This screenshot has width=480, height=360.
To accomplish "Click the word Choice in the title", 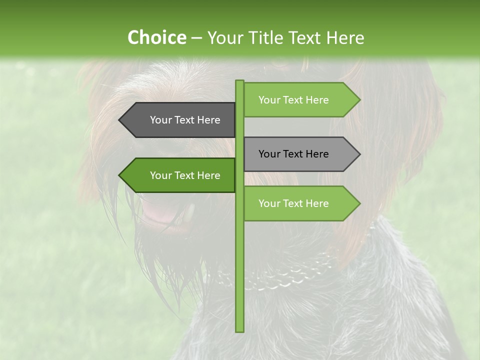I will pos(156,38).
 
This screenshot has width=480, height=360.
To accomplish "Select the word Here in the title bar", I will pos(343,38).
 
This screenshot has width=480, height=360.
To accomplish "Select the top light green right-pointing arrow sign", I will pos(300,100).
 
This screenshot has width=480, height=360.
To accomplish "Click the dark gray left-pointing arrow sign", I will pos(180,120).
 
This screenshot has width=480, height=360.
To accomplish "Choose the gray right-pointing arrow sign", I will pos(300,154).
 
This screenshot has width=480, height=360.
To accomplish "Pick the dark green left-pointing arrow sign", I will pos(180,175).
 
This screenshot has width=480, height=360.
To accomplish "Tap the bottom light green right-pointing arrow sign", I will pos(300,203).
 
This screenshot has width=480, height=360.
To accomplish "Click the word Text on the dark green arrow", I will pos(185,175).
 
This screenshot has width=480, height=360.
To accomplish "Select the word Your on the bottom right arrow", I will pos(269,203).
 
